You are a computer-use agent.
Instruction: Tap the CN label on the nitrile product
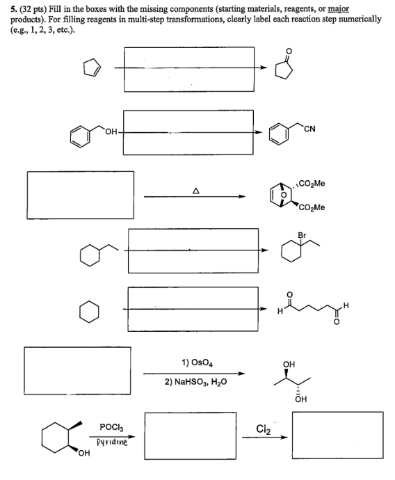pyautogui.click(x=309, y=129)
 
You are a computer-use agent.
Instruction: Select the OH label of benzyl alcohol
pyautogui.click(x=111, y=132)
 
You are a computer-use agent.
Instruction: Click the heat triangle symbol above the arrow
pyautogui.click(x=196, y=191)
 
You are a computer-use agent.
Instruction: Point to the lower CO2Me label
pyautogui.click(x=312, y=207)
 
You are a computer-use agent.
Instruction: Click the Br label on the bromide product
pyautogui.click(x=302, y=235)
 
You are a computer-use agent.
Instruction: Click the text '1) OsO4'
pyautogui.click(x=197, y=362)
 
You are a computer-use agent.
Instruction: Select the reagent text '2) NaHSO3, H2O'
pyautogui.click(x=196, y=382)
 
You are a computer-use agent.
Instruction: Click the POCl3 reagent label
pyautogui.click(x=111, y=427)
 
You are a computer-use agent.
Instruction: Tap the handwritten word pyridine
pyautogui.click(x=112, y=442)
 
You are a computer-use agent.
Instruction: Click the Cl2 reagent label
pyautogui.click(x=263, y=429)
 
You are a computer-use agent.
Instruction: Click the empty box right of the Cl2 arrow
pyautogui.click(x=337, y=413)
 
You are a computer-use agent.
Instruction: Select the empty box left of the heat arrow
pyautogui.click(x=81, y=172)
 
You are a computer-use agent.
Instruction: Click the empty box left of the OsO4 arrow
pyautogui.click(x=77, y=347)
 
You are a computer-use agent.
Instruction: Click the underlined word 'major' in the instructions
pyautogui.click(x=339, y=10)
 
